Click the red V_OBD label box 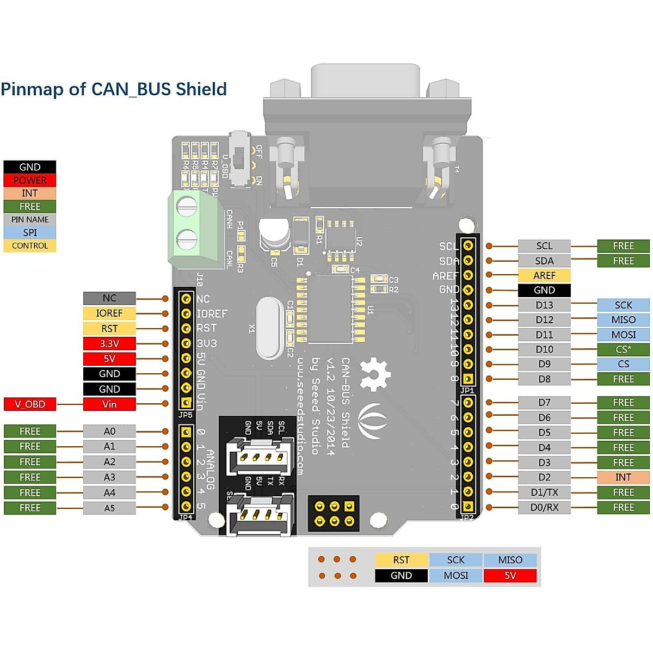[30, 404]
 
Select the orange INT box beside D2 [623, 477]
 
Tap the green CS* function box [623, 349]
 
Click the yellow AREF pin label [544, 275]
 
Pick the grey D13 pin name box [544, 305]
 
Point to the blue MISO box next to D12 [623, 320]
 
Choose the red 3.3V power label [109, 343]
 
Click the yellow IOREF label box [109, 313]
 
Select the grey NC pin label [109, 298]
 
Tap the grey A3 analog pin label [109, 477]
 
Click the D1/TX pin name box [544, 492]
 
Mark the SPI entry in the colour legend [30, 232]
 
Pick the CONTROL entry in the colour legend [30, 245]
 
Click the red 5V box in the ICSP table [510, 575]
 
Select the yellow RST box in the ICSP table [401, 560]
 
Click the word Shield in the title [201, 89]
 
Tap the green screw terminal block [196, 230]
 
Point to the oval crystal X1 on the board [269, 328]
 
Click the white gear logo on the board [375, 374]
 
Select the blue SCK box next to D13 [623, 305]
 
